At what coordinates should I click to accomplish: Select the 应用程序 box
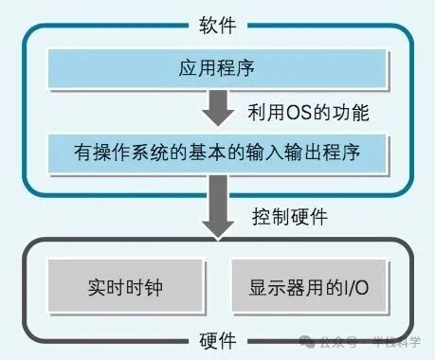[x=217, y=67]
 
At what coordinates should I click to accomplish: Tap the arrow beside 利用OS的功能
[x=218, y=109]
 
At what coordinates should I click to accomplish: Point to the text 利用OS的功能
[x=308, y=112]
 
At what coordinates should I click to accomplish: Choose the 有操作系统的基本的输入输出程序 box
[x=217, y=152]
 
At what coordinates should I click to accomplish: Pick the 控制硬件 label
[x=290, y=216]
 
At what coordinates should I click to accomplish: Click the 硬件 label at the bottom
[x=217, y=341]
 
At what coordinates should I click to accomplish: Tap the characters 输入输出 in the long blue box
[x=286, y=152]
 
